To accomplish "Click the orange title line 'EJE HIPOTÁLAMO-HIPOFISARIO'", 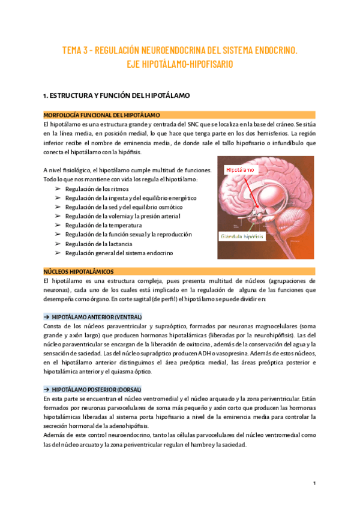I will coord(180,64).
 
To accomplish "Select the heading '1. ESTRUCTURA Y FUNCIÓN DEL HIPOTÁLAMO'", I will coord(116,95).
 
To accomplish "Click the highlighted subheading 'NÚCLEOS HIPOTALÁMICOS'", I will coord(79,271).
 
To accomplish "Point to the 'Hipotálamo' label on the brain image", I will coord(240,170).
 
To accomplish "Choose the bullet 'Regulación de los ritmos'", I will coord(94,189).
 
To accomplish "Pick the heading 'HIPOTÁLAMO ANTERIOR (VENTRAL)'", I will coord(97,316).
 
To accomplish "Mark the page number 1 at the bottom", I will coord(314,483).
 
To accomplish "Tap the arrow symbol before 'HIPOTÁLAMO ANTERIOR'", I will coord(47,316).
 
